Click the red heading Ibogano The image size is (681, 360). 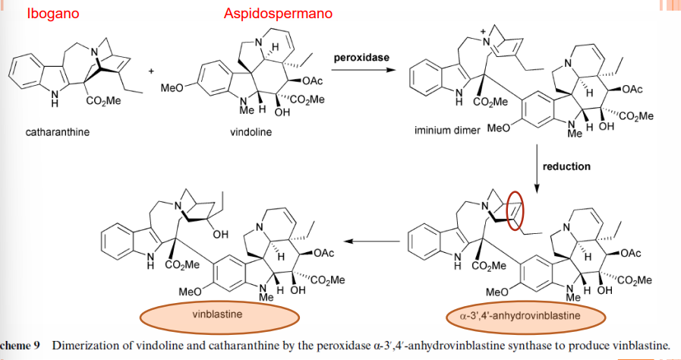[53, 14]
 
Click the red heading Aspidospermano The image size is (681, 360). [278, 14]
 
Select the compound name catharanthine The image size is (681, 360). [58, 132]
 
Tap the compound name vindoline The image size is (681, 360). [251, 132]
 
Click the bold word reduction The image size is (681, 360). [568, 166]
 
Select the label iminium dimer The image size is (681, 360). [447, 131]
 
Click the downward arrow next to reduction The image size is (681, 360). [537, 168]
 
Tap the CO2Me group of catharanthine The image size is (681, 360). [104, 102]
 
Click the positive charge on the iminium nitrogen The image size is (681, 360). [481, 32]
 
